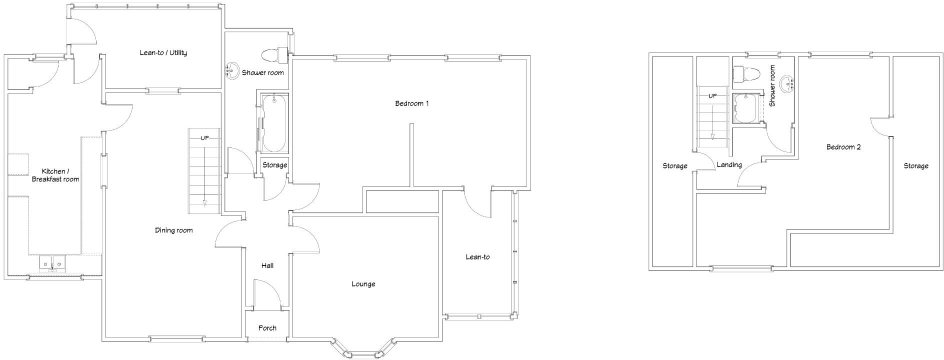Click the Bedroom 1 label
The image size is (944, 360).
pos(412,104)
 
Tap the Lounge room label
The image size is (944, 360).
pos(363,284)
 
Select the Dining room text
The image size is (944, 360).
pos(173,230)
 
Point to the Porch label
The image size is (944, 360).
pos(267,328)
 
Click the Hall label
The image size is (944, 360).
pos(267,265)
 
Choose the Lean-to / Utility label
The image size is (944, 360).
pos(163,52)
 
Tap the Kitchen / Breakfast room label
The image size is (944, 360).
pos(55,175)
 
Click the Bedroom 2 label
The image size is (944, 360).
pos(843,147)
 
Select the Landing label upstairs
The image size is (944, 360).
pos(729,164)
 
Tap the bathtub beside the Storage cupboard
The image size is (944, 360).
pos(273,123)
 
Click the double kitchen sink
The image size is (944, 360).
pos(52,263)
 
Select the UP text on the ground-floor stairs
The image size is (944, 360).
pos(204,138)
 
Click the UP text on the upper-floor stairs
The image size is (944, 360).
pos(712,96)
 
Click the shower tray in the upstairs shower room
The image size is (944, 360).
pos(745,108)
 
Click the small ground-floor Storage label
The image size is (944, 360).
pos(274,165)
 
